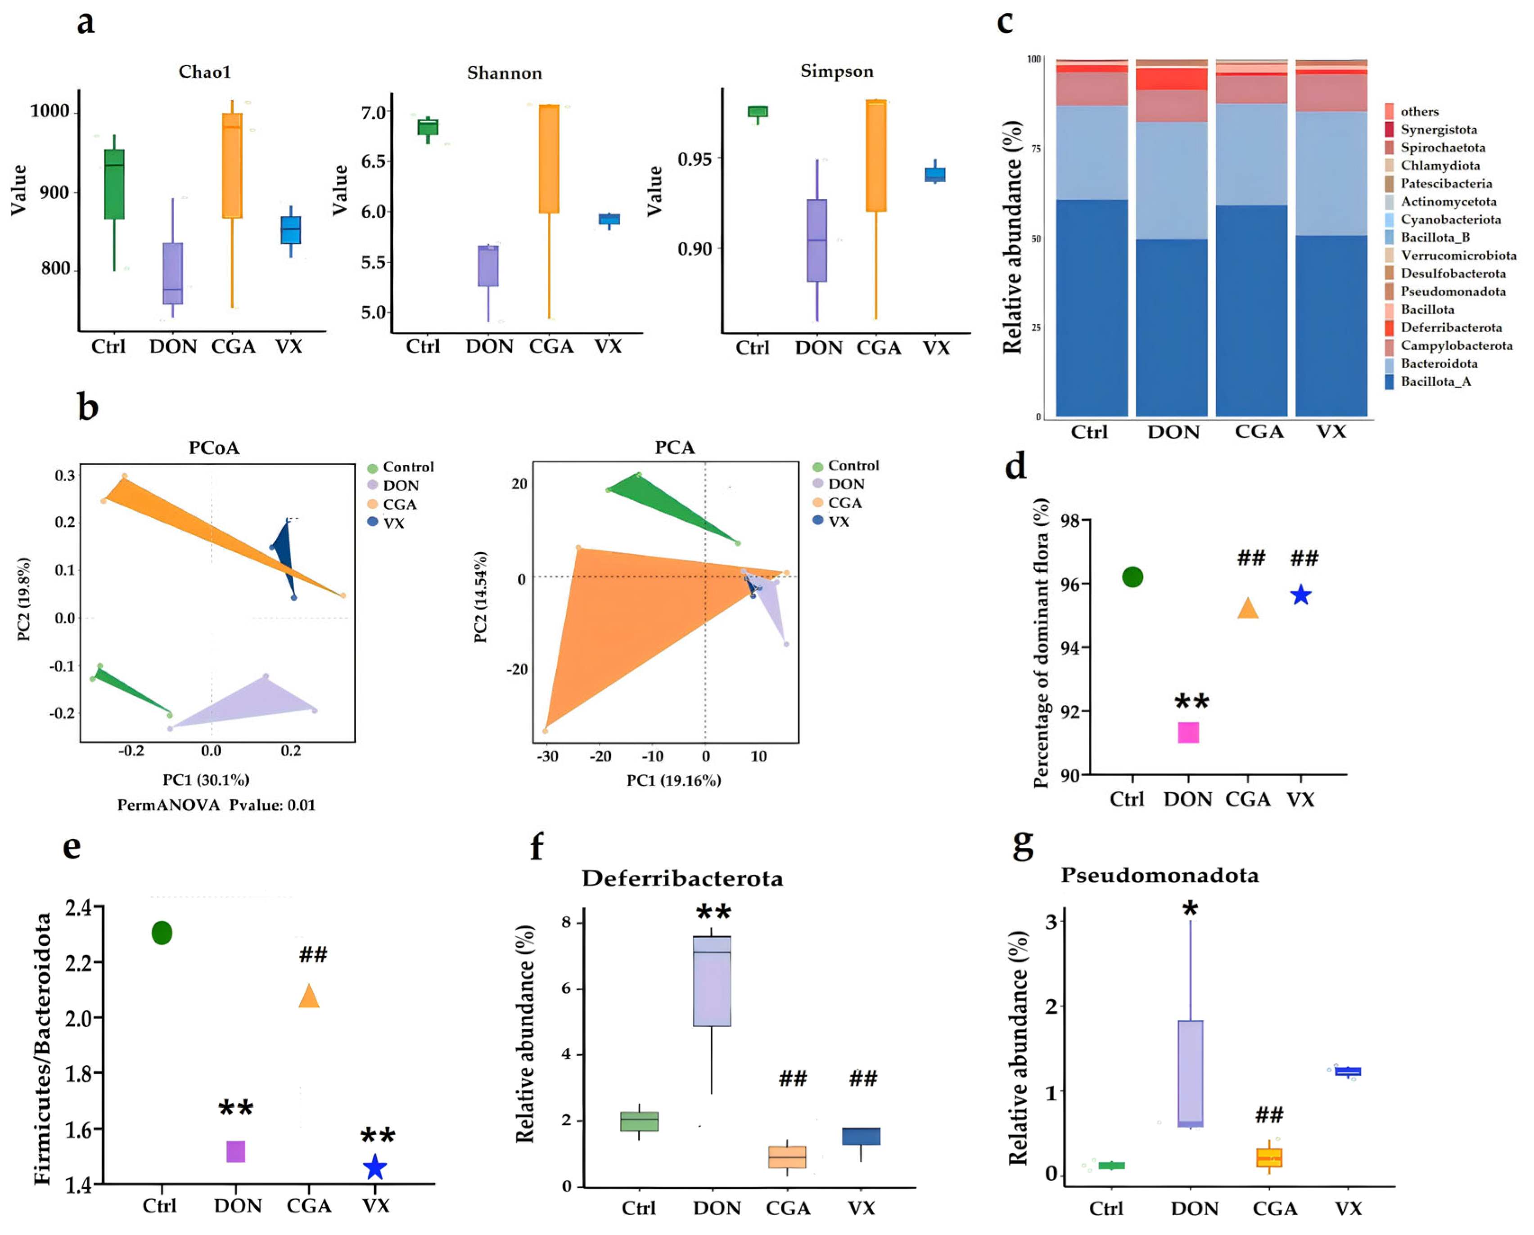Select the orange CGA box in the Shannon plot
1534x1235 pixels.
tap(549, 159)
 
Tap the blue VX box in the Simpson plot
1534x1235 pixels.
tap(934, 175)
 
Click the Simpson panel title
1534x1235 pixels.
tap(836, 71)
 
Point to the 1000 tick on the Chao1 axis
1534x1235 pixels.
tap(50, 111)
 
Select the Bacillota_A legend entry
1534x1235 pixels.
tap(1435, 381)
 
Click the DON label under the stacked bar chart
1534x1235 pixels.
tap(1173, 432)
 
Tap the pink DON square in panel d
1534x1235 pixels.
tap(1188, 732)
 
